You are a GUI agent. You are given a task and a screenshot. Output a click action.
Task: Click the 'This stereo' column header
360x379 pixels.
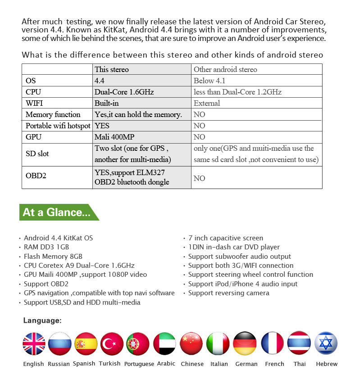(x=112, y=69)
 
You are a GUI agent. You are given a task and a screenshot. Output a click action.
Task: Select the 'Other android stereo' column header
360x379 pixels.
(x=225, y=69)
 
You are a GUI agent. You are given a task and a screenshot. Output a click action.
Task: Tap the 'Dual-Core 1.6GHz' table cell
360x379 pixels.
(x=124, y=92)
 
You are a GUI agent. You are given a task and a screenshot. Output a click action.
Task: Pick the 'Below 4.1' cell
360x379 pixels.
(x=210, y=81)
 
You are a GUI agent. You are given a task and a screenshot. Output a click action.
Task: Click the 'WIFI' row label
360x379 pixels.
(x=34, y=103)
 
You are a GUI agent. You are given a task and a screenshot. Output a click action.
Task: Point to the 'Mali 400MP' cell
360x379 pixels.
(x=112, y=137)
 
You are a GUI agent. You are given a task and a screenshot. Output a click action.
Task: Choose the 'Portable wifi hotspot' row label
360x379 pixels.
(x=58, y=126)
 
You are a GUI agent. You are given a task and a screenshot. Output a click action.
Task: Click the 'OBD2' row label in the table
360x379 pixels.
(x=36, y=176)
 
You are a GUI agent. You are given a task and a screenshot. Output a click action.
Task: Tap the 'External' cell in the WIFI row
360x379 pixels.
(x=207, y=103)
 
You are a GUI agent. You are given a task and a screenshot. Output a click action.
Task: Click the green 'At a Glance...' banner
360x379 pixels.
(x=57, y=212)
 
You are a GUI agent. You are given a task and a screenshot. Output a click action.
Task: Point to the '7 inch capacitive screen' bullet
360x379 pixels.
(x=225, y=238)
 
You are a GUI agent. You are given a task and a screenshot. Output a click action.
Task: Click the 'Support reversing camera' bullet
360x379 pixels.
(x=228, y=293)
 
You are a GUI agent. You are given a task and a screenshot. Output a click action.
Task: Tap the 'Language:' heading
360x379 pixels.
(x=42, y=320)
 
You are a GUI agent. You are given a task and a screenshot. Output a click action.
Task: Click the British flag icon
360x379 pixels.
(x=34, y=344)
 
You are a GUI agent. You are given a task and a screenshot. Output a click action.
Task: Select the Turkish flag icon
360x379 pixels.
(x=112, y=344)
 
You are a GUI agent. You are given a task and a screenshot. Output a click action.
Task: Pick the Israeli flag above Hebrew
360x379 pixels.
(x=326, y=344)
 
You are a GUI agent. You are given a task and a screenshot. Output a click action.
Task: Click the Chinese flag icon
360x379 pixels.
(x=191, y=344)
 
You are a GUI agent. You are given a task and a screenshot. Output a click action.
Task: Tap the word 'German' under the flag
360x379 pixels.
(x=246, y=364)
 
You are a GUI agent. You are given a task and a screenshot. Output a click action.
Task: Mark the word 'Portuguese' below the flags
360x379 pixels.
(x=139, y=364)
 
